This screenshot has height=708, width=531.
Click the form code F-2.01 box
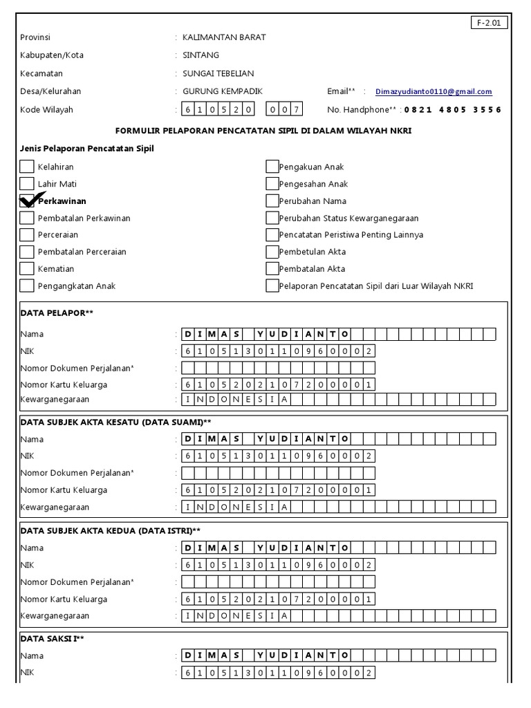coord(490,23)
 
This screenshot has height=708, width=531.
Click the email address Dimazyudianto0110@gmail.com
coord(434,92)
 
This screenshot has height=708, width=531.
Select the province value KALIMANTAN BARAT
coord(224,37)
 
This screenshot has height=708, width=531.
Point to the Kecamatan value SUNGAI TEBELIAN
coord(218,73)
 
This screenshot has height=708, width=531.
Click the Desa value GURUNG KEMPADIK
coord(222,91)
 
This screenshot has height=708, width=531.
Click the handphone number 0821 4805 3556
coord(453,110)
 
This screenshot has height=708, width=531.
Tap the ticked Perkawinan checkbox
coord(27,201)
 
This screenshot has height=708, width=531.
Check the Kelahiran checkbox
coord(27,167)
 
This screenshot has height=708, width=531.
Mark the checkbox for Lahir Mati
coord(27,184)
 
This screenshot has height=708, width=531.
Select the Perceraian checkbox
coord(27,235)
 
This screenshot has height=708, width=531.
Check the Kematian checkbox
coord(27,269)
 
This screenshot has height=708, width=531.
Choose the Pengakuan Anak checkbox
coord(272,167)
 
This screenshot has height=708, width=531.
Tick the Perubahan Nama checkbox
coord(272,201)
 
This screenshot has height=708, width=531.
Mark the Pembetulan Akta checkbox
coord(272,252)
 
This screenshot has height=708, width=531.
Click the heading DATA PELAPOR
coord(57,313)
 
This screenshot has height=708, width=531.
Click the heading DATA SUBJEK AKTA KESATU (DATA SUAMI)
coord(115,422)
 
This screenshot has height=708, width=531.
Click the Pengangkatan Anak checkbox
coord(27,286)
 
